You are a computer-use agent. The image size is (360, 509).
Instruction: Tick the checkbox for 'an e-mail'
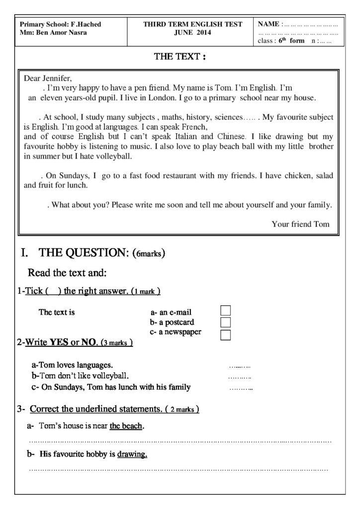(x=226, y=311)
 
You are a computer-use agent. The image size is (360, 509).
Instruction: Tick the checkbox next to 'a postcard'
(x=226, y=322)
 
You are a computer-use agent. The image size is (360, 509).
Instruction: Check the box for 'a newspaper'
(x=226, y=334)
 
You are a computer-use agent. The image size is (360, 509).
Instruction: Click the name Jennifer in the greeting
(x=58, y=79)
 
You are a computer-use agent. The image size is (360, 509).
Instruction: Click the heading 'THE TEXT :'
(x=180, y=57)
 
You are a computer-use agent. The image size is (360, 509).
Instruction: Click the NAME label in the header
(x=269, y=24)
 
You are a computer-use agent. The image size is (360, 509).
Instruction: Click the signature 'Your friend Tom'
(x=300, y=224)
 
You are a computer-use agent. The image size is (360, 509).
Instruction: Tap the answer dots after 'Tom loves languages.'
(x=240, y=366)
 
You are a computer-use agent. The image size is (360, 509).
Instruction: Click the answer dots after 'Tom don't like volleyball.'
(x=240, y=377)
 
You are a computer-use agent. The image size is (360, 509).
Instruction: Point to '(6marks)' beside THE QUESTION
(x=149, y=254)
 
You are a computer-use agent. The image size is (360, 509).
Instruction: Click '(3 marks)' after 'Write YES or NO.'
(x=116, y=343)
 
